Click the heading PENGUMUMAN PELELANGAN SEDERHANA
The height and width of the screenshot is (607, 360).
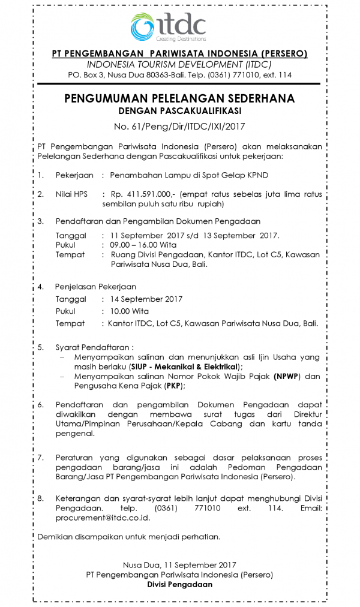pyautogui.click(x=179, y=99)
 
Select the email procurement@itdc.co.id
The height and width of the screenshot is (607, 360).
pyautogui.click(x=102, y=518)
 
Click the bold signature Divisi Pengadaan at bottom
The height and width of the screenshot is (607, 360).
pyautogui.click(x=179, y=585)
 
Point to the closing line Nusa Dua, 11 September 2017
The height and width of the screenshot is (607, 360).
pyautogui.click(x=179, y=565)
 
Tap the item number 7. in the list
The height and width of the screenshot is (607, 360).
pyautogui.click(x=41, y=457)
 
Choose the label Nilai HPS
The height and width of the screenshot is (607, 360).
pyautogui.click(x=71, y=194)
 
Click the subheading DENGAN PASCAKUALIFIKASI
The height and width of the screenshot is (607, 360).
pyautogui.click(x=179, y=111)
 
